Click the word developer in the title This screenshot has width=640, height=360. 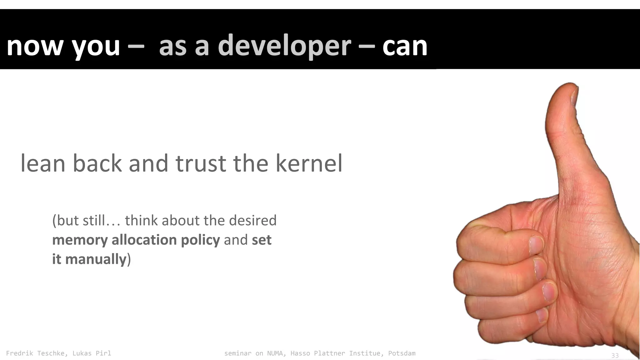click(x=284, y=46)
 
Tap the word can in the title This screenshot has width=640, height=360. click(x=405, y=46)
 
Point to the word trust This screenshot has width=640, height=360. click(x=200, y=163)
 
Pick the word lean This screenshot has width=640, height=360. click(x=43, y=163)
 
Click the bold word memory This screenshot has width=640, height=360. click(x=80, y=240)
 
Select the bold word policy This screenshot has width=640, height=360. click(x=200, y=240)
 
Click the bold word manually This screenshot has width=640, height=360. click(x=95, y=259)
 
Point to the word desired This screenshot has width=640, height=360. click(x=253, y=221)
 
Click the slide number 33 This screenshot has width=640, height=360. click(x=615, y=356)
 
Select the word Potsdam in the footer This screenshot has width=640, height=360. click(x=402, y=353)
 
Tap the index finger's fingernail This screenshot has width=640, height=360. click(x=537, y=244)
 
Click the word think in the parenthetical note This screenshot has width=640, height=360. click(x=142, y=221)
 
